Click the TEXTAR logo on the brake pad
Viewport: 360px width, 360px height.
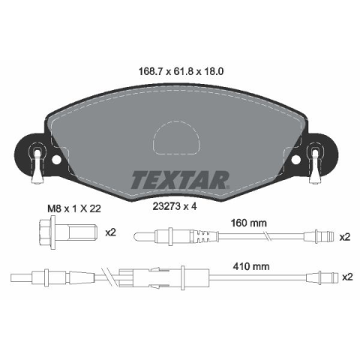click(180, 180)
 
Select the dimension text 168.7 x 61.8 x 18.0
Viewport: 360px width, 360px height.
click(181, 72)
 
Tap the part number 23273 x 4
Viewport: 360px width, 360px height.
click(175, 206)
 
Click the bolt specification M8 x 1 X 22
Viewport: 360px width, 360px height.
click(74, 208)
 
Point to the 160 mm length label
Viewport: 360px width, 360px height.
click(249, 223)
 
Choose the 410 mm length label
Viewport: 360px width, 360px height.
click(251, 266)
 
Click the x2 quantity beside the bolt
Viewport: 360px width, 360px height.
click(110, 232)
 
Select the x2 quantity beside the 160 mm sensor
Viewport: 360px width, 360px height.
click(345, 237)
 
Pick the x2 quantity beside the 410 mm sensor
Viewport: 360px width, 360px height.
click(347, 277)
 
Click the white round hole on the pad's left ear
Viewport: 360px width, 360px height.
click(56, 160)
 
